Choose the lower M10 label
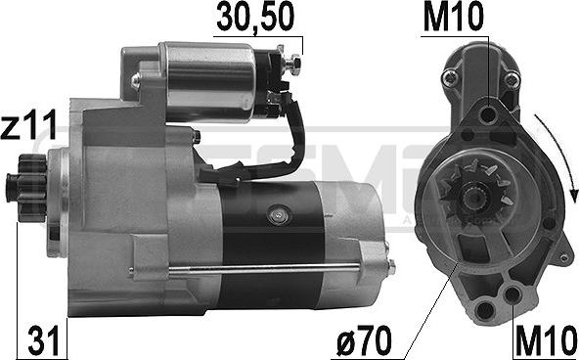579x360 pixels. click(544, 341)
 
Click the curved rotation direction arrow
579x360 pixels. click(565, 157)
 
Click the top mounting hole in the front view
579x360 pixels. click(488, 114)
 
